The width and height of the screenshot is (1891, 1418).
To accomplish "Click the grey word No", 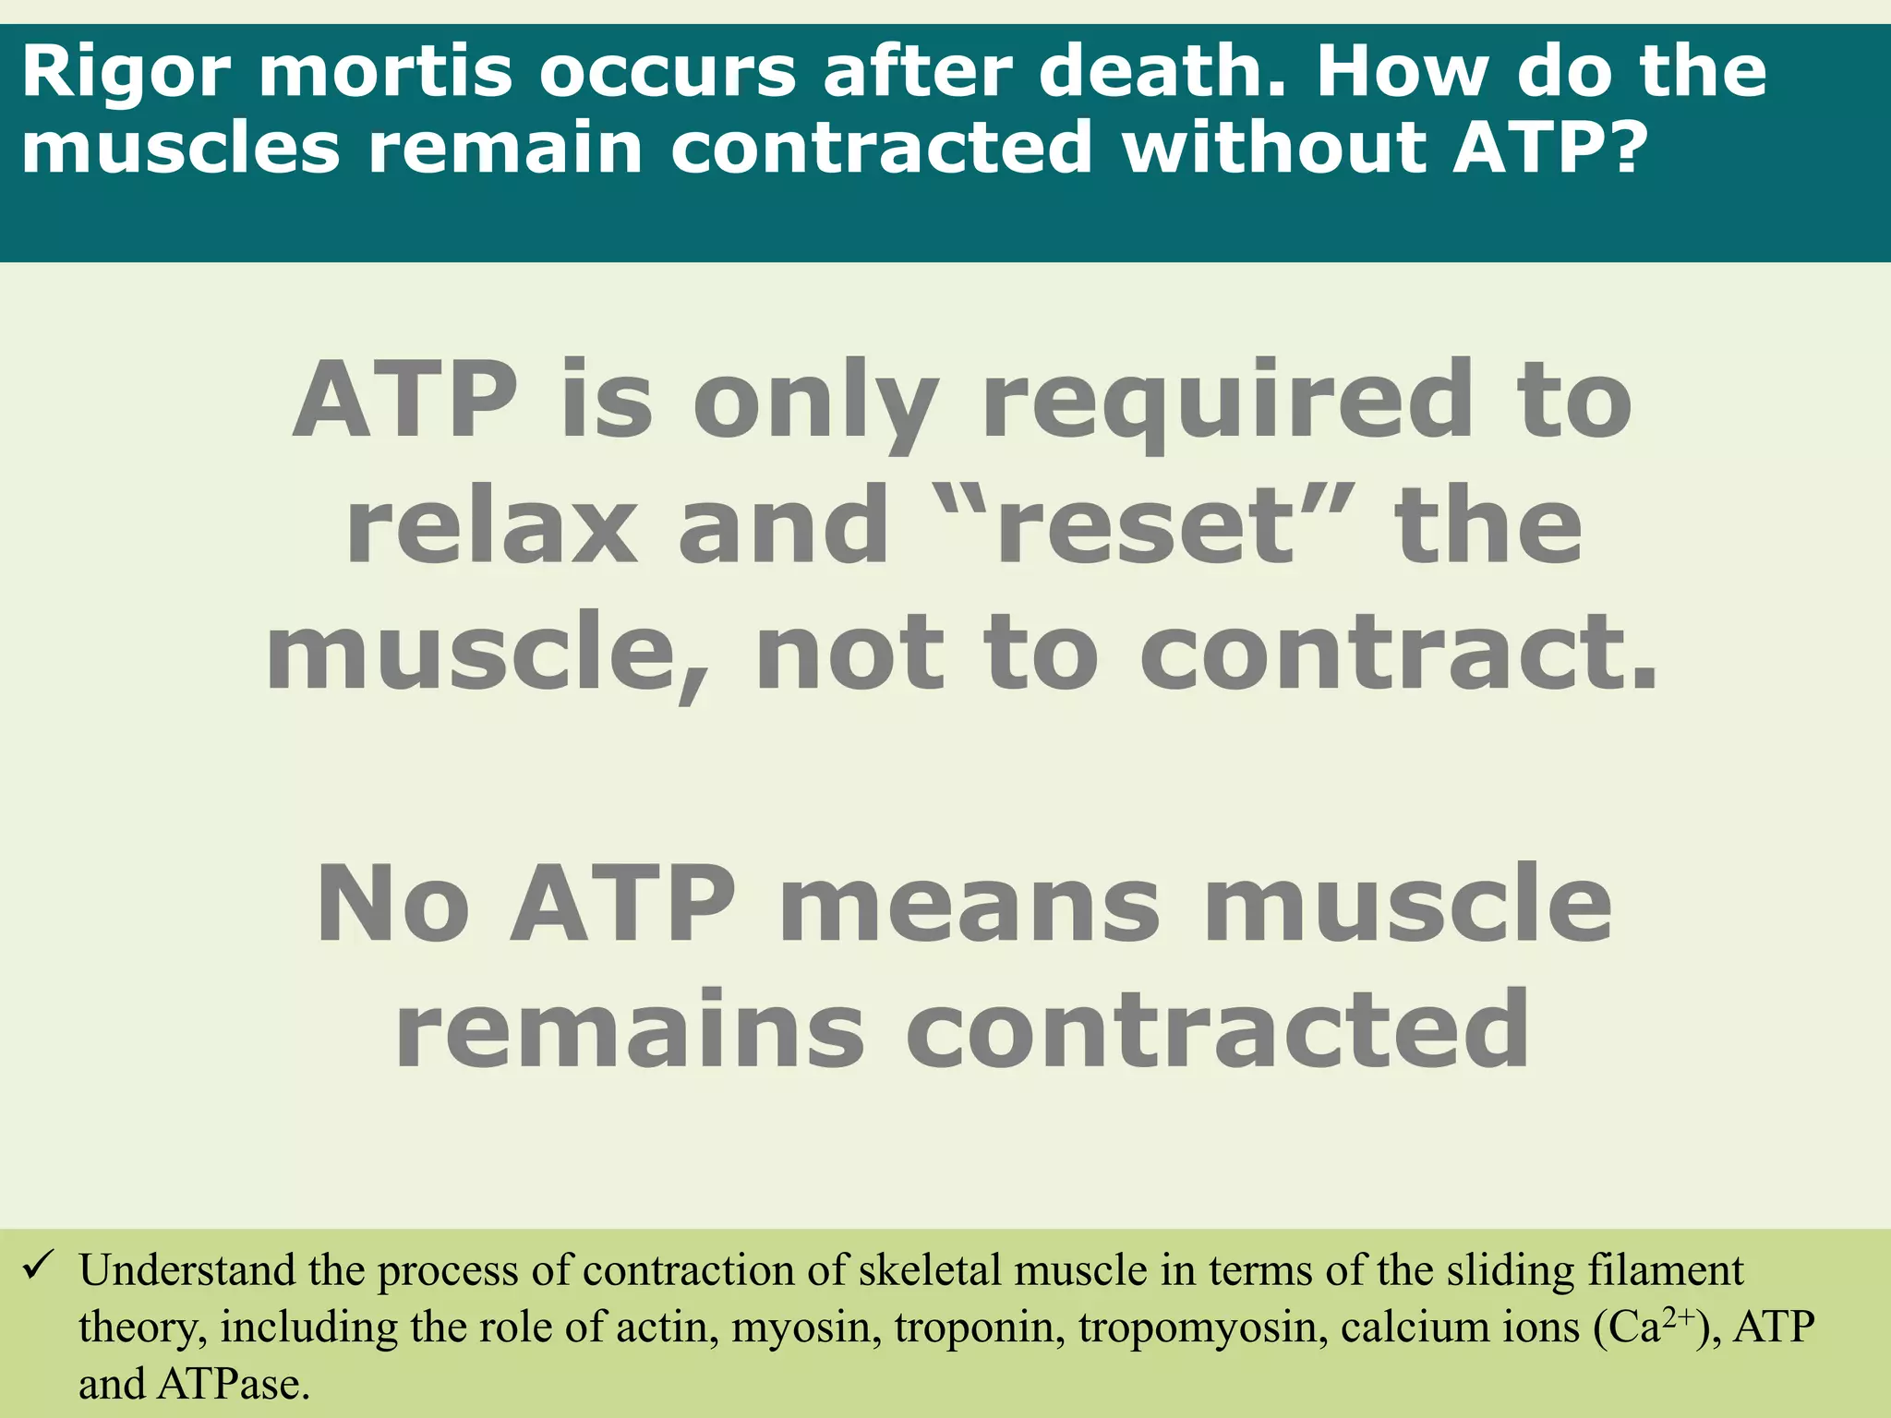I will pyautogui.click(x=392, y=905).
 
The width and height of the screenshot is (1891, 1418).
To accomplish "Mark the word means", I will pyautogui.click(x=969, y=905).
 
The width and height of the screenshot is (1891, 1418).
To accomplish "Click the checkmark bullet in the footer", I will pyautogui.click(x=39, y=1266).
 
